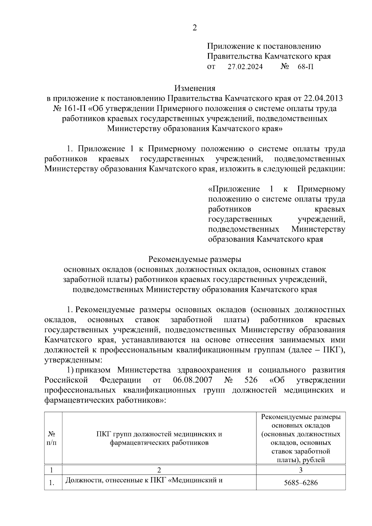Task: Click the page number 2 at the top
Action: pyautogui.click(x=195, y=28)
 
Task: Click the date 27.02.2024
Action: pyautogui.click(x=245, y=67)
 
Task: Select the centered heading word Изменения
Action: pyautogui.click(x=195, y=88)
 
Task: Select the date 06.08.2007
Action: pyautogui.click(x=193, y=380)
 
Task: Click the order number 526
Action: pyautogui.click(x=251, y=380)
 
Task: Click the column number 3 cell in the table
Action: pyautogui.click(x=301, y=470)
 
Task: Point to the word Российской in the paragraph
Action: pyautogui.click(x=66, y=380)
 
